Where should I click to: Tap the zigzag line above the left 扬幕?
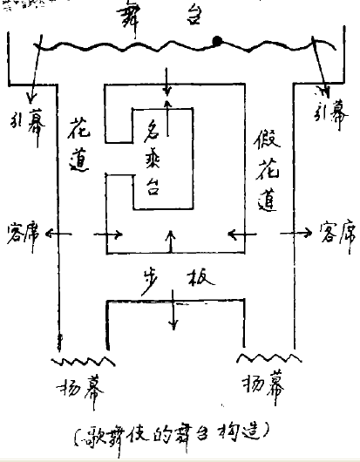click(x=82, y=359)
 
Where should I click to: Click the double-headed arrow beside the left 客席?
click(x=58, y=234)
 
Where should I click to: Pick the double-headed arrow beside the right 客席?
click(x=302, y=233)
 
